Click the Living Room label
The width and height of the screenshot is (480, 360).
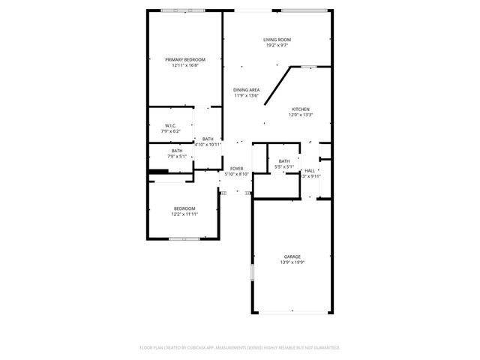tap(277, 40)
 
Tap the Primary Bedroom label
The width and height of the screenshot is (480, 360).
tap(185, 59)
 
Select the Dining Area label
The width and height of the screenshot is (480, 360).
tap(246, 90)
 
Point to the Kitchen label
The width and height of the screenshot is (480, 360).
tap(300, 109)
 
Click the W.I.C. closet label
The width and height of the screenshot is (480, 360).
tap(170, 125)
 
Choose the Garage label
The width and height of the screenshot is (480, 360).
tap(292, 256)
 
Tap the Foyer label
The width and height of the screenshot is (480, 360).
tap(236, 169)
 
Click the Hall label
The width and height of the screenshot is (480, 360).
tap(310, 171)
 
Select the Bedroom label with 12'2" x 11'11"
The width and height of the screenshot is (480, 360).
tap(184, 208)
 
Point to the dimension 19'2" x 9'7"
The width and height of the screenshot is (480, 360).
tap(277, 46)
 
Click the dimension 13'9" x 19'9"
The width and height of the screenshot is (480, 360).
tap(292, 262)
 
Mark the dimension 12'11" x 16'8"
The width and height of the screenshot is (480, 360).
tap(185, 65)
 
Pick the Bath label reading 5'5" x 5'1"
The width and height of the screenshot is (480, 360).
tap(284, 161)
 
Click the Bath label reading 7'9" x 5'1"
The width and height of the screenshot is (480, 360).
tap(176, 151)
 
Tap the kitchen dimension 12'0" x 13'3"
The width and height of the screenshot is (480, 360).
tap(300, 115)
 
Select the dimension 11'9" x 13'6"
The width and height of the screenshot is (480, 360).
tap(246, 96)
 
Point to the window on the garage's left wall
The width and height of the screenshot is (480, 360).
tap(252, 271)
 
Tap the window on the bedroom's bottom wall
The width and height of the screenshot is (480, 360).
tap(183, 239)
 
